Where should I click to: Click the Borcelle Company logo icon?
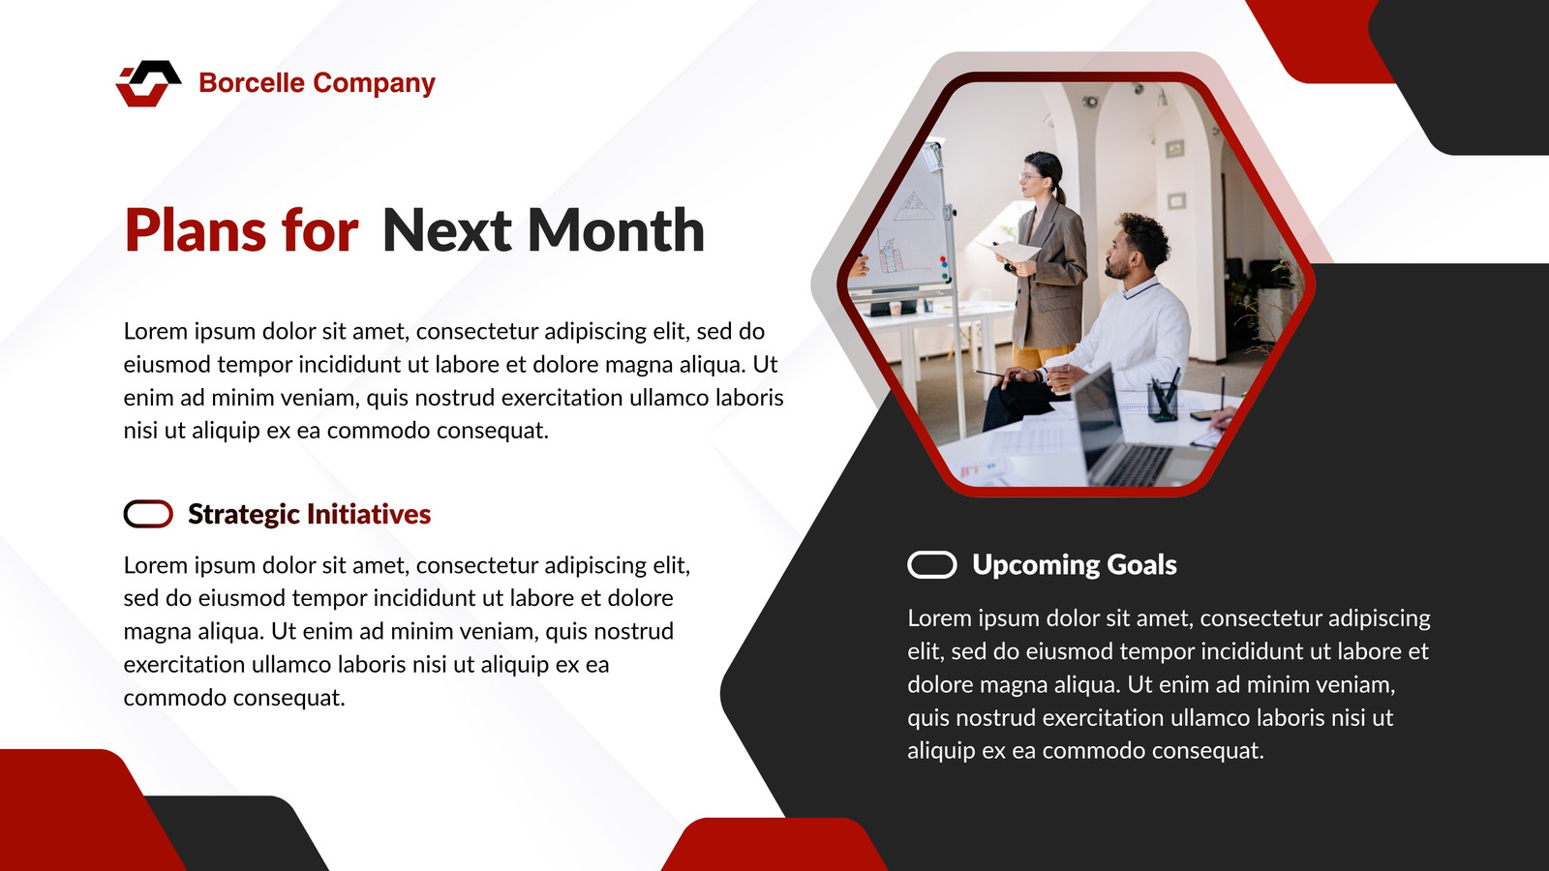click(x=149, y=83)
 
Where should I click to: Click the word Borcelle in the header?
click(x=252, y=83)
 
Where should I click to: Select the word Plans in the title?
click(x=196, y=231)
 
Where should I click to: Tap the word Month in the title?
click(x=616, y=230)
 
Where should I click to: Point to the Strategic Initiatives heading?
click(x=309, y=514)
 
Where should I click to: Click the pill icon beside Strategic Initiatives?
click(x=149, y=514)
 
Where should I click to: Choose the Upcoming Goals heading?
click(x=1074, y=565)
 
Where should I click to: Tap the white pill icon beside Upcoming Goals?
click(x=932, y=565)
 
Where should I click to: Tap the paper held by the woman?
click(x=1011, y=251)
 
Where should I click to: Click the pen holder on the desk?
click(x=1163, y=400)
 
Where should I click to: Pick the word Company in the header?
click(x=374, y=83)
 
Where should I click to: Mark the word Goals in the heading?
click(x=1141, y=565)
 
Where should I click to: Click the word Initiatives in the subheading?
click(x=369, y=514)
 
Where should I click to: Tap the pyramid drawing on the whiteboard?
click(x=912, y=206)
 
